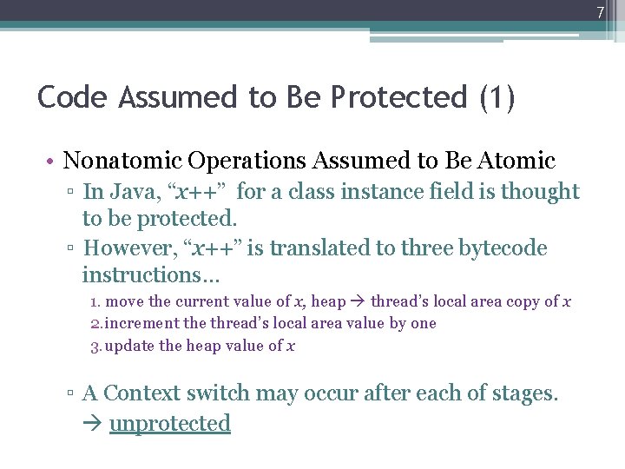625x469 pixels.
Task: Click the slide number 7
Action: [x=599, y=13]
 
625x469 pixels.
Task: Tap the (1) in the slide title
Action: [x=497, y=97]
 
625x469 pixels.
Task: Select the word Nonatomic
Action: [x=122, y=161]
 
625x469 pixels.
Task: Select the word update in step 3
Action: [x=130, y=346]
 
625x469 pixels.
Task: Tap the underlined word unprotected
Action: [x=170, y=424]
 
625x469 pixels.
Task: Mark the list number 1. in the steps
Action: [x=96, y=301]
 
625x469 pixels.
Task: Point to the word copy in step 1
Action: [x=524, y=301]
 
